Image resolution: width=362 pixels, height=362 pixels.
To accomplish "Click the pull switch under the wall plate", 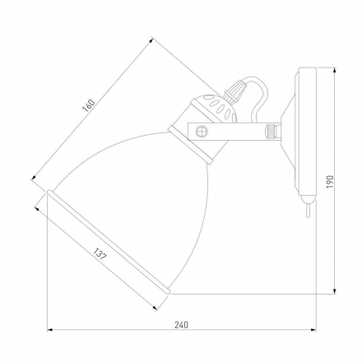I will tap(306, 210).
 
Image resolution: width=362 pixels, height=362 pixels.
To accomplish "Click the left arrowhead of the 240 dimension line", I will tap(49, 333).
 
